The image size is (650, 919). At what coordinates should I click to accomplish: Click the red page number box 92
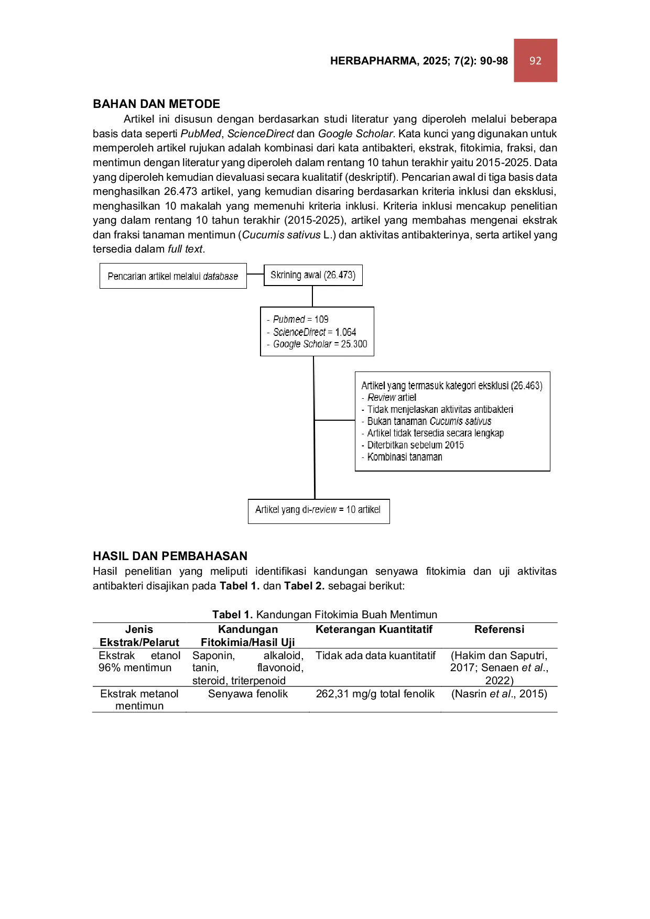(535, 60)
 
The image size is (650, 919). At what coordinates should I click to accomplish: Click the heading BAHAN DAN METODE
(156, 104)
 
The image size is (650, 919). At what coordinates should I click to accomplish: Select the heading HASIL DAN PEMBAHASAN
(170, 556)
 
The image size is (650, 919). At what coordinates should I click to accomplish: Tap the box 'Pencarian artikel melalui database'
(173, 276)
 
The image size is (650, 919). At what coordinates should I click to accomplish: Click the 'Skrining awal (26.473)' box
(313, 275)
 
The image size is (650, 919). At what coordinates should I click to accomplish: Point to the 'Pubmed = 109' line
(298, 319)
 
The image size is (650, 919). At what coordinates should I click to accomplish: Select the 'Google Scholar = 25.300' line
(317, 344)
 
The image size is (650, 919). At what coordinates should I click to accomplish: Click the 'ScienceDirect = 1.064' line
(311, 332)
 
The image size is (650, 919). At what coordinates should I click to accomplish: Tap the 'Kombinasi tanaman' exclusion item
(402, 457)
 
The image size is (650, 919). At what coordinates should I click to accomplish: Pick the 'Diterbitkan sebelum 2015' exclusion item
(413, 445)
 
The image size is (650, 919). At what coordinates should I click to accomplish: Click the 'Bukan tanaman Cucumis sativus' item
(427, 421)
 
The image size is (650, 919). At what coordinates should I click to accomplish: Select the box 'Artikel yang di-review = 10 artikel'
(319, 511)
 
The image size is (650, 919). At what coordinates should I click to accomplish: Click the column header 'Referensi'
(499, 629)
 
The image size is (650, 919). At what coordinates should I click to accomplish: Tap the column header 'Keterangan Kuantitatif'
(374, 629)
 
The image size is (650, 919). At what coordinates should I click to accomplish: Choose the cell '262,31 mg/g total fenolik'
(375, 694)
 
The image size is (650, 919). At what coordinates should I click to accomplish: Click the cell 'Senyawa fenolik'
(248, 694)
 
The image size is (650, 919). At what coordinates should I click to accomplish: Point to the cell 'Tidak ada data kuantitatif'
(375, 655)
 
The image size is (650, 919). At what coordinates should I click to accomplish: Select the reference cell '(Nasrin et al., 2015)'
(499, 694)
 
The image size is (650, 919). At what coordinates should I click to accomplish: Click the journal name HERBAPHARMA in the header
(373, 61)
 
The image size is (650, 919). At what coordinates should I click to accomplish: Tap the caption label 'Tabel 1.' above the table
(232, 615)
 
